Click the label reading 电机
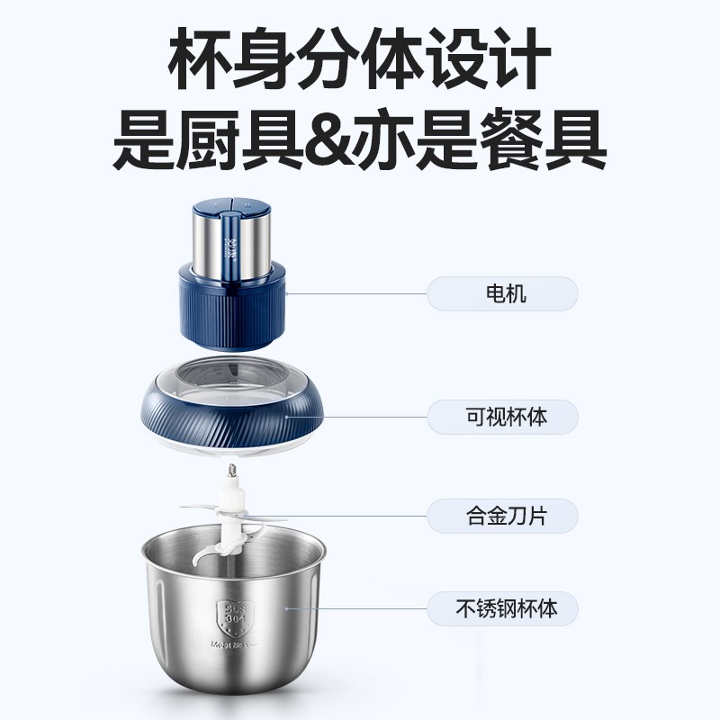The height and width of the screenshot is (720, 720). [x=502, y=294]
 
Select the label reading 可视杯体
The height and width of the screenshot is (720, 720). [x=502, y=418]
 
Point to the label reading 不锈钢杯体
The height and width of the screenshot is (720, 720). [x=502, y=607]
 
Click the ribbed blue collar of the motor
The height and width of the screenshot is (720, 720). [x=233, y=301]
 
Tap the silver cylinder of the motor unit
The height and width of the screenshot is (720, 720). [x=232, y=243]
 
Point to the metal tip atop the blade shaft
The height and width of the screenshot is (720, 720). [x=233, y=469]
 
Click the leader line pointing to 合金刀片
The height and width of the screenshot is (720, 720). [x=360, y=515]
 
